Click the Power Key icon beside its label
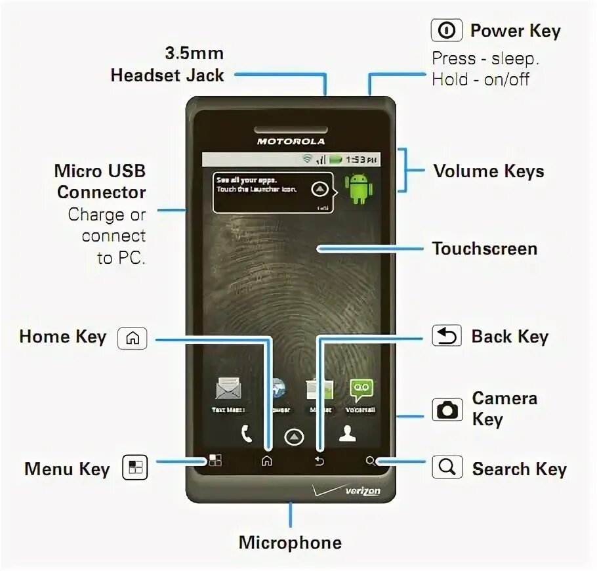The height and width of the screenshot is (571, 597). tap(446, 31)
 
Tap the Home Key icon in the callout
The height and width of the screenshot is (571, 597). tap(132, 338)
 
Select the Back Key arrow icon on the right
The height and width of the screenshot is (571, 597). tap(447, 336)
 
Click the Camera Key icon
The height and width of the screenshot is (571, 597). tap(447, 410)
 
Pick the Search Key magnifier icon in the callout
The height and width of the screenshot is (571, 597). tap(447, 467)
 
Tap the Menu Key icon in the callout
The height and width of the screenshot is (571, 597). tap(135, 468)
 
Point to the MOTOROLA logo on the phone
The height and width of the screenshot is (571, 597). tap(291, 141)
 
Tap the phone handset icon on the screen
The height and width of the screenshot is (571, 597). tap(246, 434)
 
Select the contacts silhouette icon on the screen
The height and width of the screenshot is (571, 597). tap(346, 434)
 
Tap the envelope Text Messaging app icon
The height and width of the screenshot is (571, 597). tap(228, 391)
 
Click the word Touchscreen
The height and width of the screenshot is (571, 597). tap(484, 249)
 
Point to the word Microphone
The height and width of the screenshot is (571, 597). tap(290, 543)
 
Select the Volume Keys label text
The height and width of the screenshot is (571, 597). tap(488, 172)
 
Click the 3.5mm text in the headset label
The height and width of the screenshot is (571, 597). tap(194, 53)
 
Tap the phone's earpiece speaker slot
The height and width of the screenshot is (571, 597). tap(291, 127)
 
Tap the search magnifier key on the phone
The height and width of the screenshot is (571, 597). tap(371, 461)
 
